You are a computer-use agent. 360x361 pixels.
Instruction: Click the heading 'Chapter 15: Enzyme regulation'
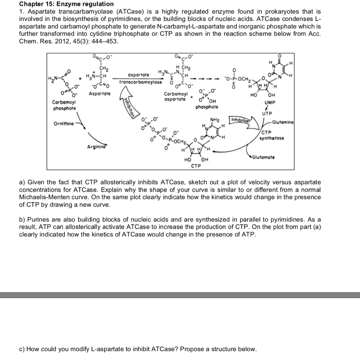(66, 4)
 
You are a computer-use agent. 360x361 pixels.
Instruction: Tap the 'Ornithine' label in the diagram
(64, 124)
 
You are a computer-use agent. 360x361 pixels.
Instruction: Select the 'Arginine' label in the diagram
(97, 146)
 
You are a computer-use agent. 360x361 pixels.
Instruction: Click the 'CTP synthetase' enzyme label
(272, 135)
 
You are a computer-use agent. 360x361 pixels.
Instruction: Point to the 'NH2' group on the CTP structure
(215, 120)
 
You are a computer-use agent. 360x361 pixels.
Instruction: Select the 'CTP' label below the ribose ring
(195, 165)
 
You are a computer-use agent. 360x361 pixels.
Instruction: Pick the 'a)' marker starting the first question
(22, 182)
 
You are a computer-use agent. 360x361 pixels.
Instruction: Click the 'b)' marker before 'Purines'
(22, 220)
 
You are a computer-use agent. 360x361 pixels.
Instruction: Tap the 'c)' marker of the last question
(22, 349)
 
